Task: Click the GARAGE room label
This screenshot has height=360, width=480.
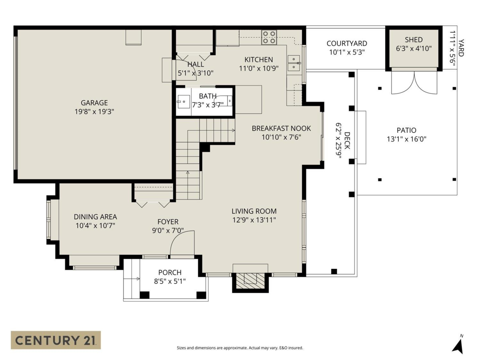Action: (94, 103)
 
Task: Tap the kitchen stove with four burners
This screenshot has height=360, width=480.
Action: (269, 37)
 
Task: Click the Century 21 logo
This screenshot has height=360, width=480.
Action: (56, 340)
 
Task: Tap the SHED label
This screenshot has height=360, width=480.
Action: (413, 40)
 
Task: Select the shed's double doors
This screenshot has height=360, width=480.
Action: (414, 83)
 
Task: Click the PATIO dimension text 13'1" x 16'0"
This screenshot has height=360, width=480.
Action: (406, 139)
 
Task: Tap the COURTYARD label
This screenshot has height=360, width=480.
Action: (346, 44)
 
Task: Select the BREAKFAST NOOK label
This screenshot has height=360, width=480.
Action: (281, 128)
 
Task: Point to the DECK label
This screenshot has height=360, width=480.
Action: (347, 141)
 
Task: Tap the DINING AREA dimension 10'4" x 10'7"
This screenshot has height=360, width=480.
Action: (95, 226)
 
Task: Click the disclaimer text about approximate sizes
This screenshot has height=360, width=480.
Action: (240, 348)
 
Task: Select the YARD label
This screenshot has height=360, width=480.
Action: (461, 48)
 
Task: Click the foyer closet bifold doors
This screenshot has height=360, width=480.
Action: (153, 204)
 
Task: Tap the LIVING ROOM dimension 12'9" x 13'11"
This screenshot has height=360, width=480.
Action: (254, 220)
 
